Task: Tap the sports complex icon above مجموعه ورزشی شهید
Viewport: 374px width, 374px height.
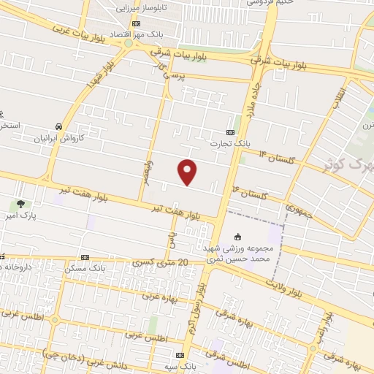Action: coord(237,236)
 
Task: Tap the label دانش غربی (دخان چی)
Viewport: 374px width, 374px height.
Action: coord(69,359)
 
